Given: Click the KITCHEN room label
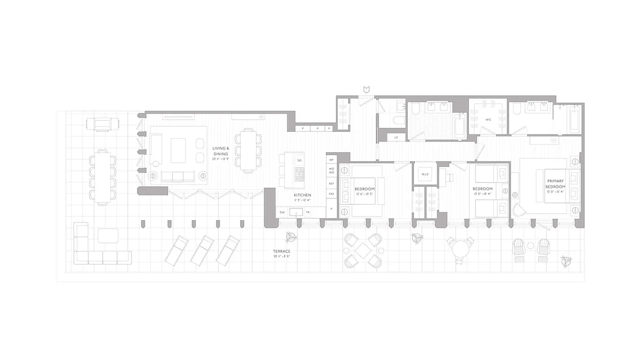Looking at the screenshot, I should pos(302,195).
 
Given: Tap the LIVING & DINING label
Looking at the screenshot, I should pos(221,151).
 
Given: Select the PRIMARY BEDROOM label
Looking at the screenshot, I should pos(555,184).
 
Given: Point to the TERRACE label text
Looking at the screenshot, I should pos(281,252).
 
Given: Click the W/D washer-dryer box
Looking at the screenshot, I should pos(425,174).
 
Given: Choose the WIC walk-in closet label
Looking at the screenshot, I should pos(488,120).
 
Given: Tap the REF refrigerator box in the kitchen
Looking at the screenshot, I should pos(332,184).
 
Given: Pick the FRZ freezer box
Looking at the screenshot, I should pos(332,194).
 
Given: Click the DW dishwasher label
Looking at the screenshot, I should pos(282,212).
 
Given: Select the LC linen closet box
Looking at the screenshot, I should pos(396,137).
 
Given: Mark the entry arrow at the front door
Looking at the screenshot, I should pos(367,90).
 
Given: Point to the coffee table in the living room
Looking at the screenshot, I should pos(178,150).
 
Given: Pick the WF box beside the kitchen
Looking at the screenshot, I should pos(332,160).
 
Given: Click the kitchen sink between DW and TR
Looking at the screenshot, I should pos(296,212).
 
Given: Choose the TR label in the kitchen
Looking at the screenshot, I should pos(308,212).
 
